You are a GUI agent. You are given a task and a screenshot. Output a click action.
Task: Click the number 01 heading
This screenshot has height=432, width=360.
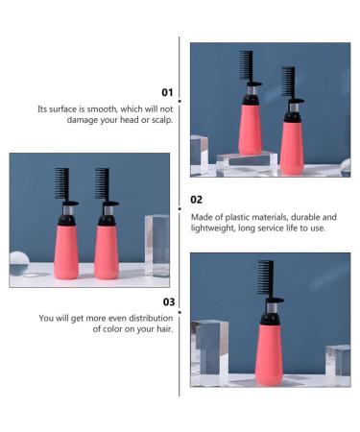[x=167, y=92]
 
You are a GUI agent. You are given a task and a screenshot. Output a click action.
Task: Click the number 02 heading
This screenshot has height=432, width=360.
[x=196, y=200]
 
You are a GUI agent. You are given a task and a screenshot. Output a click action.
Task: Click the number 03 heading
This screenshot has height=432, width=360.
[x=167, y=301]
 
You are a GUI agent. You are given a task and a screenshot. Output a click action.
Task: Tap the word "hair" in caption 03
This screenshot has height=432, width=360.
[x=163, y=328]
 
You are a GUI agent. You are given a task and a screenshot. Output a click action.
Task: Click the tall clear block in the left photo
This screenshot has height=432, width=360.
[x=156, y=244]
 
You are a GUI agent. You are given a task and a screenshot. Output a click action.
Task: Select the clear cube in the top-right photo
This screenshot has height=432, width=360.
[x=200, y=154]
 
